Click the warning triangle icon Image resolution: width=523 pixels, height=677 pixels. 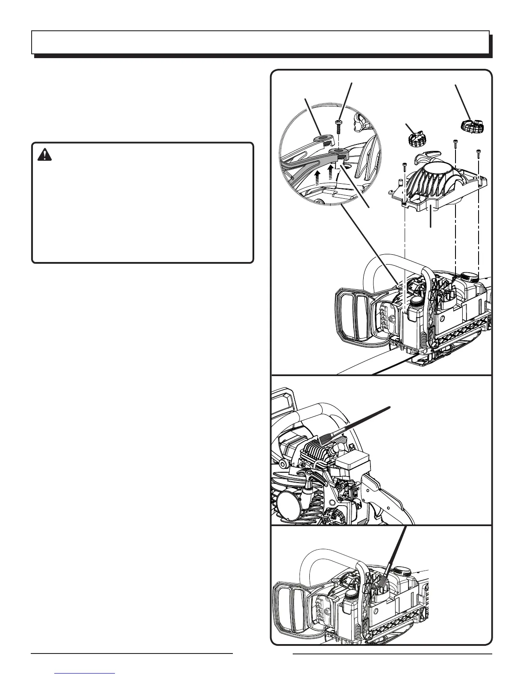pyautogui.click(x=44, y=154)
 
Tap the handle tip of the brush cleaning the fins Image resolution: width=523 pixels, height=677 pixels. pyautogui.click(x=388, y=407)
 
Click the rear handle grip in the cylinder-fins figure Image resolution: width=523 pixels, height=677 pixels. pyautogui.click(x=385, y=500)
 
